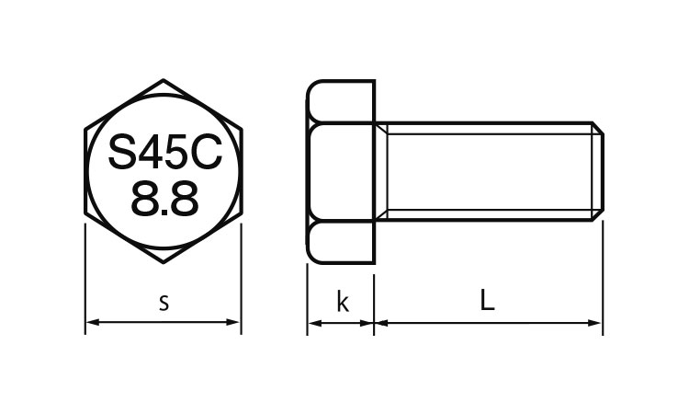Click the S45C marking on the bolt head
[x=164, y=152]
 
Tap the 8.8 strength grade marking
[x=164, y=199]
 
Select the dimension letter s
[x=164, y=303]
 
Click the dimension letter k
[x=343, y=302]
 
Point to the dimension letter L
[x=487, y=300]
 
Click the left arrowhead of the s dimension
[x=91, y=322]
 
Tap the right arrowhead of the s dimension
[x=233, y=322]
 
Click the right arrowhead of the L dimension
[x=595, y=323]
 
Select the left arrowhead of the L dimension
[x=381, y=323]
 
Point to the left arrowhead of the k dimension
[x=314, y=323]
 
